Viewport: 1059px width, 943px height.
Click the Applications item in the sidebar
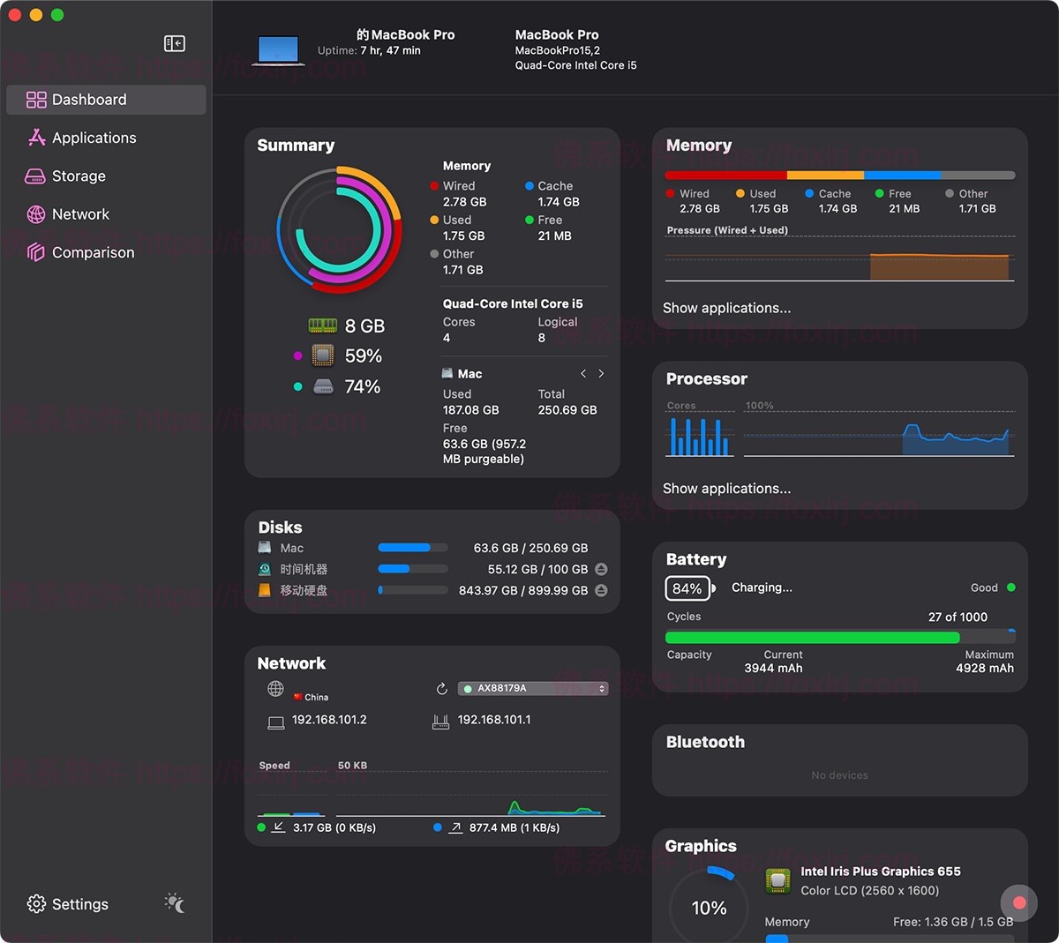click(94, 138)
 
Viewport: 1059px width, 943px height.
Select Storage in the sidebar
click(79, 176)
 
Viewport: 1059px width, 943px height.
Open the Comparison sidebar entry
click(93, 252)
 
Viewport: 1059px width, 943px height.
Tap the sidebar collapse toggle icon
click(175, 43)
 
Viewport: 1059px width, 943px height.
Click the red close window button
click(15, 15)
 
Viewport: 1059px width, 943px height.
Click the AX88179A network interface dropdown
click(533, 688)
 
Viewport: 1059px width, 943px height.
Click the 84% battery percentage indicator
click(687, 588)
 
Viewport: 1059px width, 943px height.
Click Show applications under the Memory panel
click(726, 308)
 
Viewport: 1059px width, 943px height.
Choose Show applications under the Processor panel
click(726, 489)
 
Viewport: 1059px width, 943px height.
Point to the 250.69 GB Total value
click(567, 410)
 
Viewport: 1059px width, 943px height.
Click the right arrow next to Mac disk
click(602, 374)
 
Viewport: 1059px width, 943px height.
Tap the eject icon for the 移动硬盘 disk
click(601, 590)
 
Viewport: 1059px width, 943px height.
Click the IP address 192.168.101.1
click(494, 720)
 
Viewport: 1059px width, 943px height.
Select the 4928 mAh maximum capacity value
click(984, 669)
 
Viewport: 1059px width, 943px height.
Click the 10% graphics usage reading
click(709, 908)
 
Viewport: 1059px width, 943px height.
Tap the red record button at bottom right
click(1019, 902)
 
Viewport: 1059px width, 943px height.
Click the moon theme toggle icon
click(175, 903)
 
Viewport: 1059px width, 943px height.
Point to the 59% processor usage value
click(363, 356)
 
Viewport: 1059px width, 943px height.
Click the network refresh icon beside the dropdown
click(442, 689)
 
